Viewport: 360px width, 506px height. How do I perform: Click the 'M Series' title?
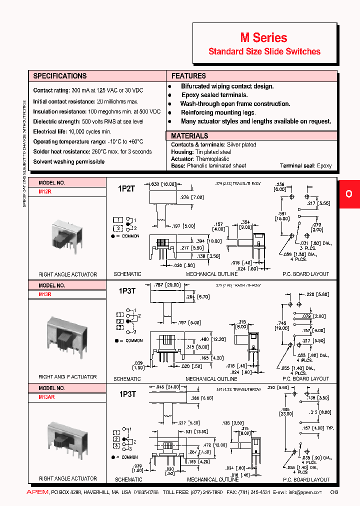pyautogui.click(x=264, y=37)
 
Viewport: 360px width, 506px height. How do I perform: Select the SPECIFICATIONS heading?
pyautogui.click(x=59, y=76)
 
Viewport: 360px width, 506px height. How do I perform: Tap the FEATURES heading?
pyautogui.click(x=188, y=76)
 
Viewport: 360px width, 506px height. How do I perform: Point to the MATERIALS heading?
pyautogui.click(x=189, y=136)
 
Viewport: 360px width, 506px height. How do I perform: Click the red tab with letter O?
pyautogui.click(x=349, y=193)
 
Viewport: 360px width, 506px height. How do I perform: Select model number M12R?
pyautogui.click(x=45, y=191)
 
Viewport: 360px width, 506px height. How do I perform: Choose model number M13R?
pyautogui.click(x=45, y=294)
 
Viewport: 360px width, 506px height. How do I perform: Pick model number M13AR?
pyautogui.click(x=46, y=397)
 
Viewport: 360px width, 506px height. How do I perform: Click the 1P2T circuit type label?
pyautogui.click(x=126, y=188)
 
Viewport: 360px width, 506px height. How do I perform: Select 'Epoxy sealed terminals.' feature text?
pyautogui.click(x=214, y=95)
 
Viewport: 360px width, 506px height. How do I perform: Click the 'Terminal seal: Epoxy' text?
pyautogui.click(x=305, y=165)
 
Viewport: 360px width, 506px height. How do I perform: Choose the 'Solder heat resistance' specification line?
pyautogui.click(x=92, y=151)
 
